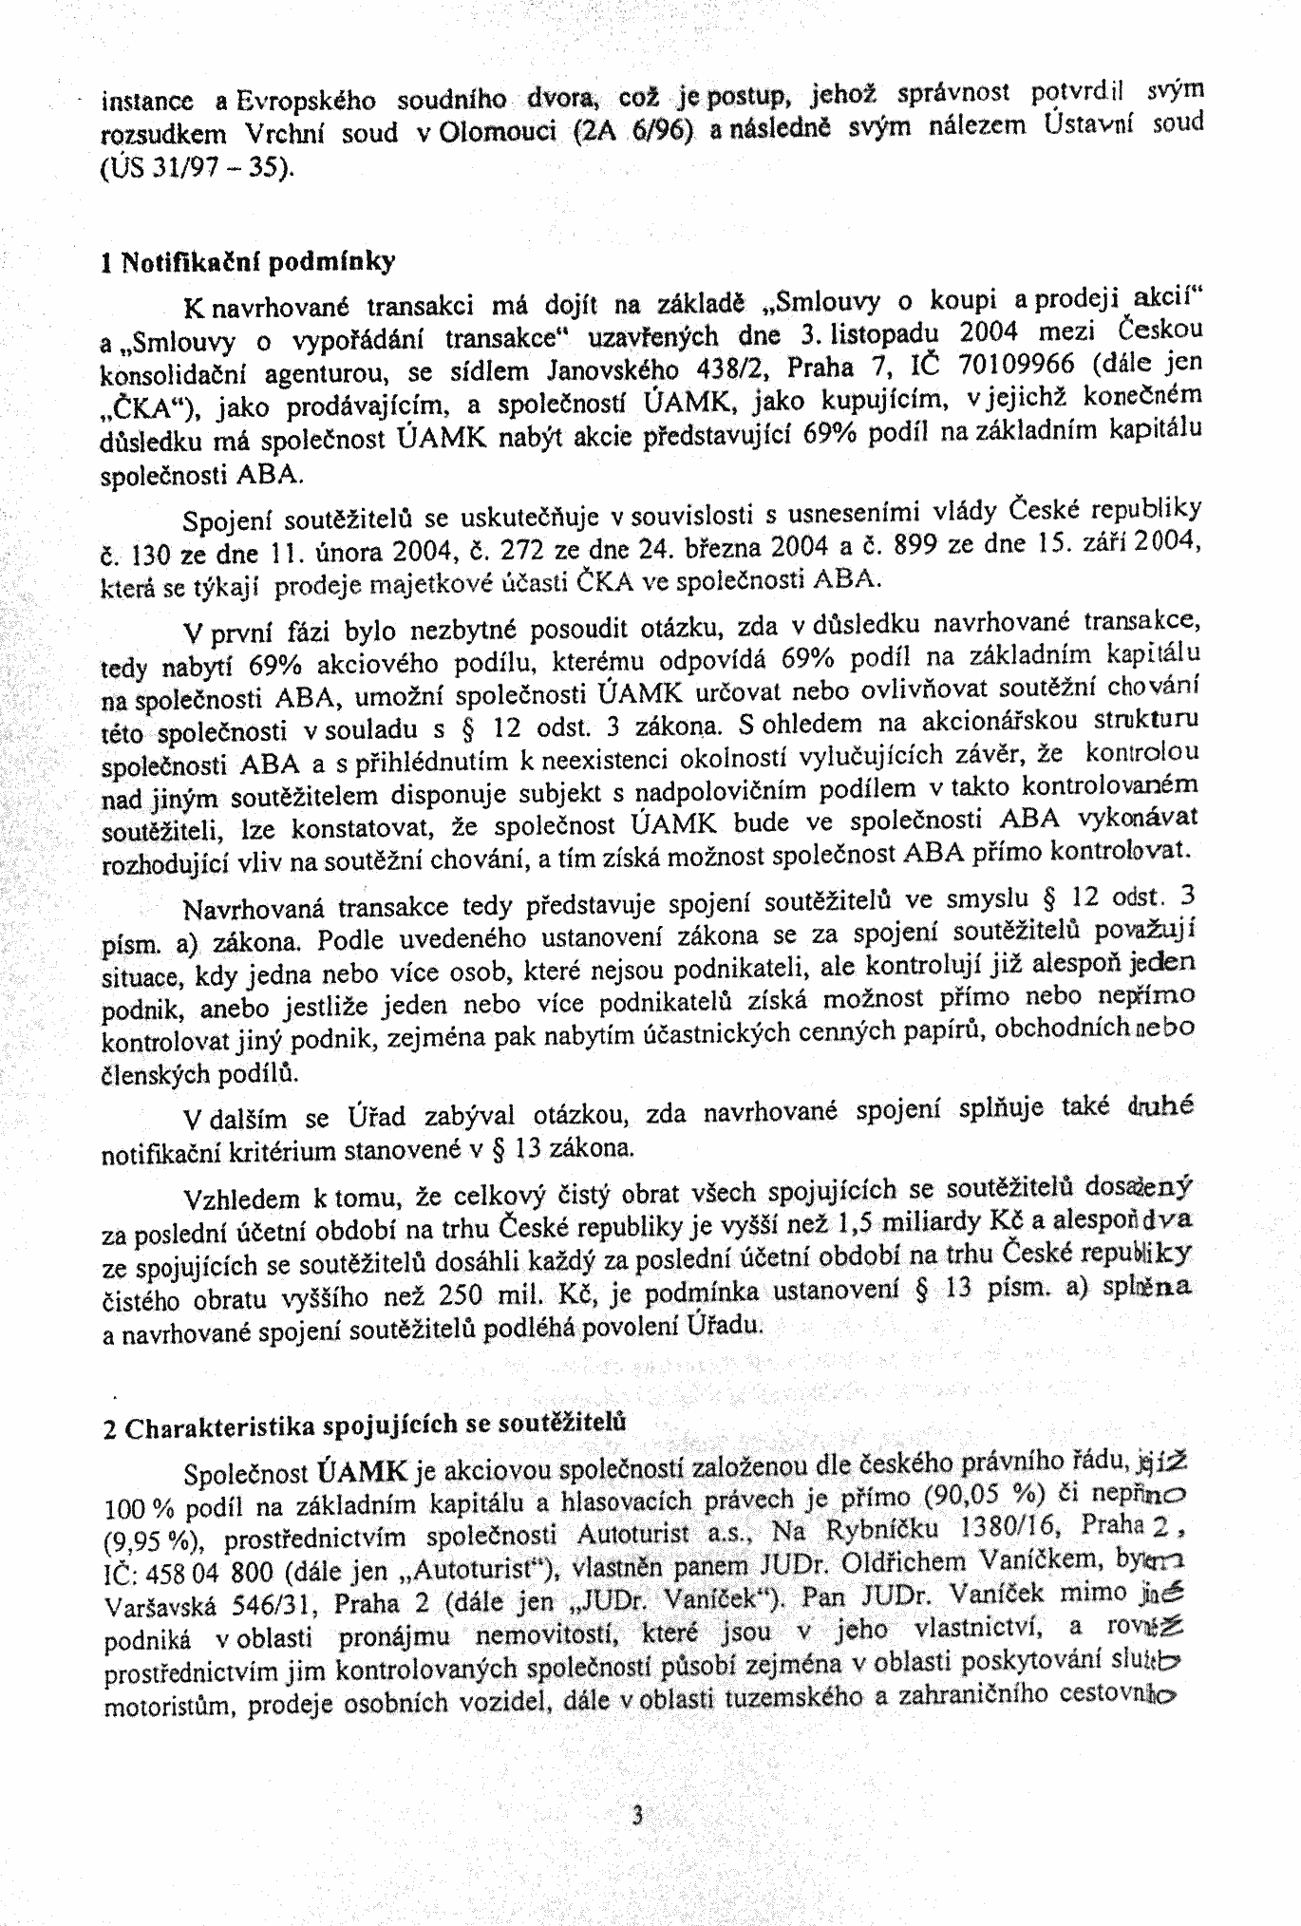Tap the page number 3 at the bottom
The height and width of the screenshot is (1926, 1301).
tap(638, 1816)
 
